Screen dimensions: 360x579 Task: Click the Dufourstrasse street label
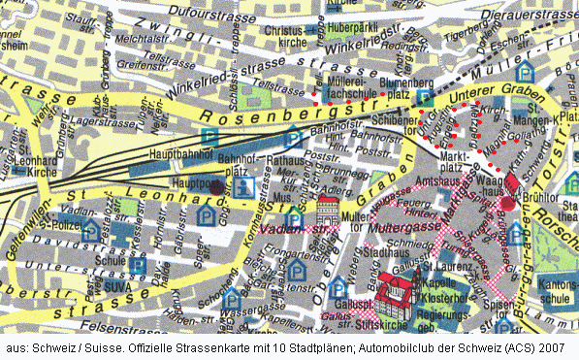233,14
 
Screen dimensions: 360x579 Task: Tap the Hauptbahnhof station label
181,153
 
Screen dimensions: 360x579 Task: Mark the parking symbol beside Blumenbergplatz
425,98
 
